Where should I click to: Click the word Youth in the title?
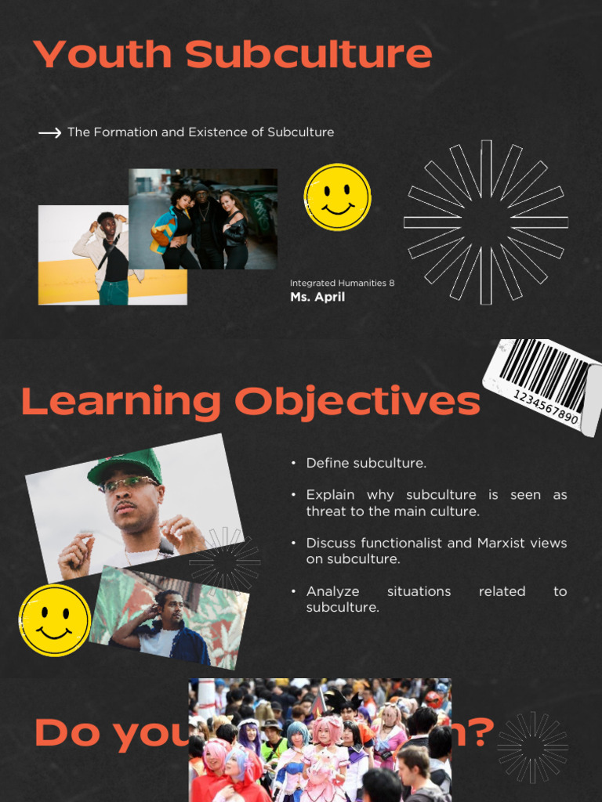point(103,55)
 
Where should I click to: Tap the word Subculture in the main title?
point(309,55)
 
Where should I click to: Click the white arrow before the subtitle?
point(50,133)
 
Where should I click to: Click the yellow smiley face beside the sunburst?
point(337,197)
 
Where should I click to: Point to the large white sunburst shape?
point(486,222)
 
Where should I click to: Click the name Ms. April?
point(317,298)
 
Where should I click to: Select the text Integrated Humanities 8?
point(342,283)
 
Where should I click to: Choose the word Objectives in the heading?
point(357,402)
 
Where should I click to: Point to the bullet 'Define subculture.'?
point(366,463)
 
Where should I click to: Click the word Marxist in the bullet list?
point(502,543)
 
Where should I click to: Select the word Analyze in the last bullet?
point(332,591)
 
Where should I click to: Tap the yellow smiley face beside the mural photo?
point(54,620)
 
